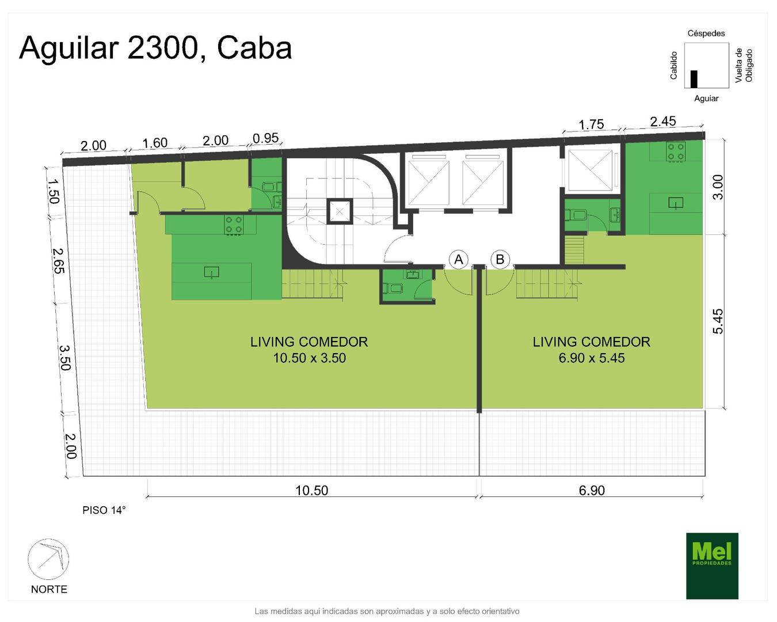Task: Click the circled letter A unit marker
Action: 458,260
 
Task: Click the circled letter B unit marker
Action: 500,260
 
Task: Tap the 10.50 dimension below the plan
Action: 311,491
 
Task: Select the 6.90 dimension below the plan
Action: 592,491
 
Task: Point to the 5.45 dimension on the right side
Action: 718,321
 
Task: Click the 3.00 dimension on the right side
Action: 718,187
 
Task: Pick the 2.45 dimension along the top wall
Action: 663,122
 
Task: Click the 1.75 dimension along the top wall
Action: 591,125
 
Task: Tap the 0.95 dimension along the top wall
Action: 265,138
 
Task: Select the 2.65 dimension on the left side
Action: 59,260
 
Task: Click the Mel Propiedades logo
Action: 712,566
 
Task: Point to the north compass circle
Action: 48,559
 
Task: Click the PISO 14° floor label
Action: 104,510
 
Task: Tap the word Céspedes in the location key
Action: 706,33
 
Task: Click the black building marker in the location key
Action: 694,79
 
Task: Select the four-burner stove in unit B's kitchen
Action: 676,151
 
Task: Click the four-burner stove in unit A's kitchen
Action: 234,225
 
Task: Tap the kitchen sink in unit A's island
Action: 211,272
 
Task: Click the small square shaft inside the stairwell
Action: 339,211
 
